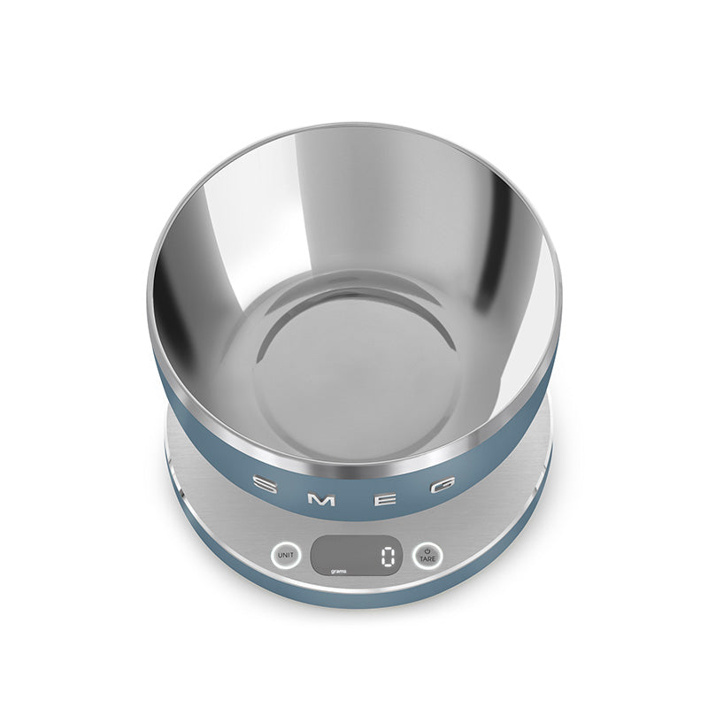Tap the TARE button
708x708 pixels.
pyautogui.click(x=427, y=555)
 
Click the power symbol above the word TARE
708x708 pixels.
pyautogui.click(x=427, y=550)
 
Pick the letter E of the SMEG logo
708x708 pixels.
pyautogui.click(x=386, y=496)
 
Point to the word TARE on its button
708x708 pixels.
pyautogui.click(x=427, y=559)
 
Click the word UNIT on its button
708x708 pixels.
pyautogui.click(x=285, y=555)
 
